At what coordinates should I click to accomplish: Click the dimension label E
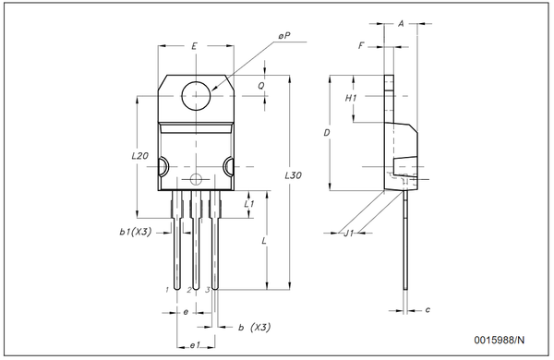coord(194,45)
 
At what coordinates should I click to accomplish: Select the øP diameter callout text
coord(284,36)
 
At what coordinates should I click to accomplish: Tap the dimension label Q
coord(262,84)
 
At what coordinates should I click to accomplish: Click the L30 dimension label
coord(292,174)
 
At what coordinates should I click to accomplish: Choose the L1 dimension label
coord(249,201)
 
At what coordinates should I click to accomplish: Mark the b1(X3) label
coord(136,231)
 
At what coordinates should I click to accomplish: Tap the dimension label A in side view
coord(402,25)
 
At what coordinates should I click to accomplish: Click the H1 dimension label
coord(352,98)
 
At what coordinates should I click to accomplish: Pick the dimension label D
coord(327,134)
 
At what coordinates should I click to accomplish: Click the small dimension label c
coord(428,309)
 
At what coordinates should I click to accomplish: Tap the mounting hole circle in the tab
coord(197,95)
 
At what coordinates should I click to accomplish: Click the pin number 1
coord(167,290)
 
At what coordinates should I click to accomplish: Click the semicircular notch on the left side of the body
coord(163,167)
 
